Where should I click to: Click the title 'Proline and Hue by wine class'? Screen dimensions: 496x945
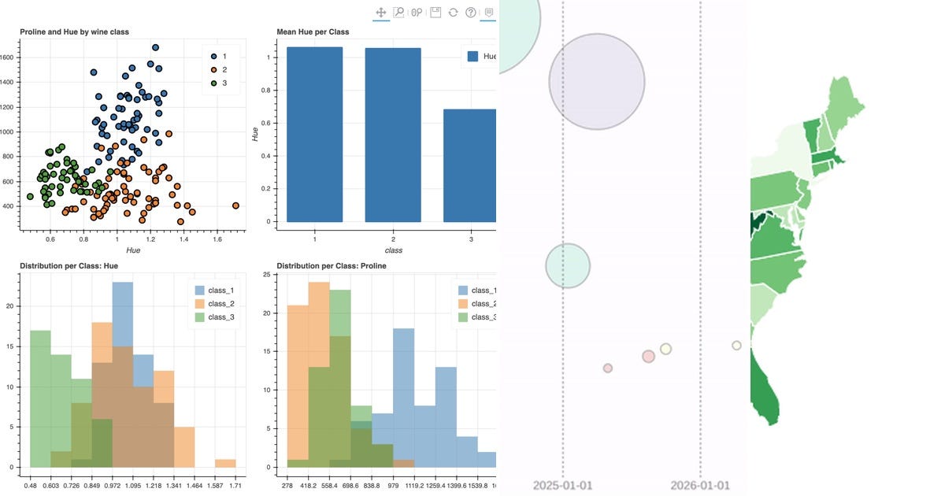[x=74, y=32]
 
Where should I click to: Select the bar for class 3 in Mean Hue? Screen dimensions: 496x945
[x=470, y=165]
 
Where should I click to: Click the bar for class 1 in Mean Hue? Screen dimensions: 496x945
[x=314, y=134]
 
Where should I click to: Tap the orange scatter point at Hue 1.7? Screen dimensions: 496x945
[x=235, y=205]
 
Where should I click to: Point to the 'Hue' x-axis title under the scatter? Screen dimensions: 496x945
[x=133, y=250]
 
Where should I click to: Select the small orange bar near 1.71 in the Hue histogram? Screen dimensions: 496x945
[x=225, y=463]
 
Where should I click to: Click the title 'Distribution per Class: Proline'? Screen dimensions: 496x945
[x=332, y=266]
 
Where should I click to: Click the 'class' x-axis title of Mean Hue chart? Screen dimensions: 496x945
[x=392, y=250]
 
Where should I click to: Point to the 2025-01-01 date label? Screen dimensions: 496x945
[x=562, y=484]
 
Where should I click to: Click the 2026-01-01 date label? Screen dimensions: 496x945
[x=700, y=484]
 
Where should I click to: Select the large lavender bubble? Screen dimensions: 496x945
[x=597, y=81]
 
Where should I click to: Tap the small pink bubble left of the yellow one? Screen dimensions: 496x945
[x=648, y=357]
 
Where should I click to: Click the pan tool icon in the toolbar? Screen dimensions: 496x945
[x=381, y=13]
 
